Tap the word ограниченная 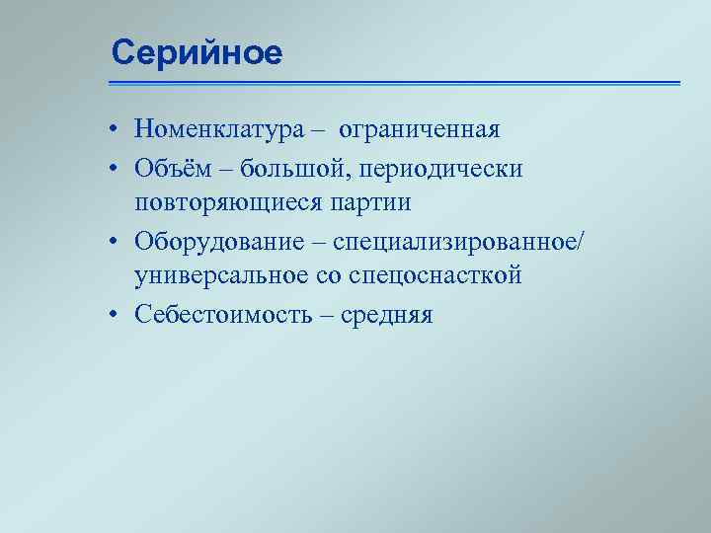coord(420,129)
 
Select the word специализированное coord(461,243)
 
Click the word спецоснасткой coord(443,275)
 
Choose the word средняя coord(387,316)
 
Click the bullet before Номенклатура coord(116,130)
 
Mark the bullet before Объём coord(116,170)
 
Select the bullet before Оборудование coord(116,243)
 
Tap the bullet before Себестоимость coord(116,316)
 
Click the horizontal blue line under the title coord(395,83)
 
